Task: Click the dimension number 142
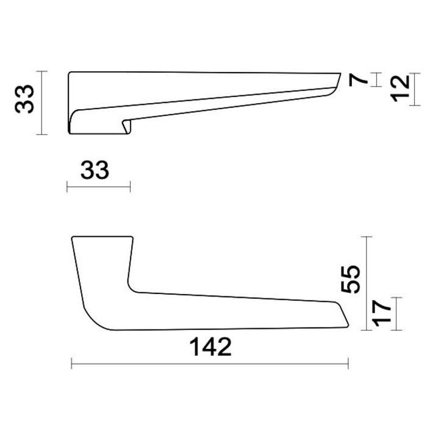210,347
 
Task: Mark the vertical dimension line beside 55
368,284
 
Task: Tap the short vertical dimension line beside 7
379,80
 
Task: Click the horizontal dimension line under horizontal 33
98,186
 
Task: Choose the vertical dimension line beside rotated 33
41,102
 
